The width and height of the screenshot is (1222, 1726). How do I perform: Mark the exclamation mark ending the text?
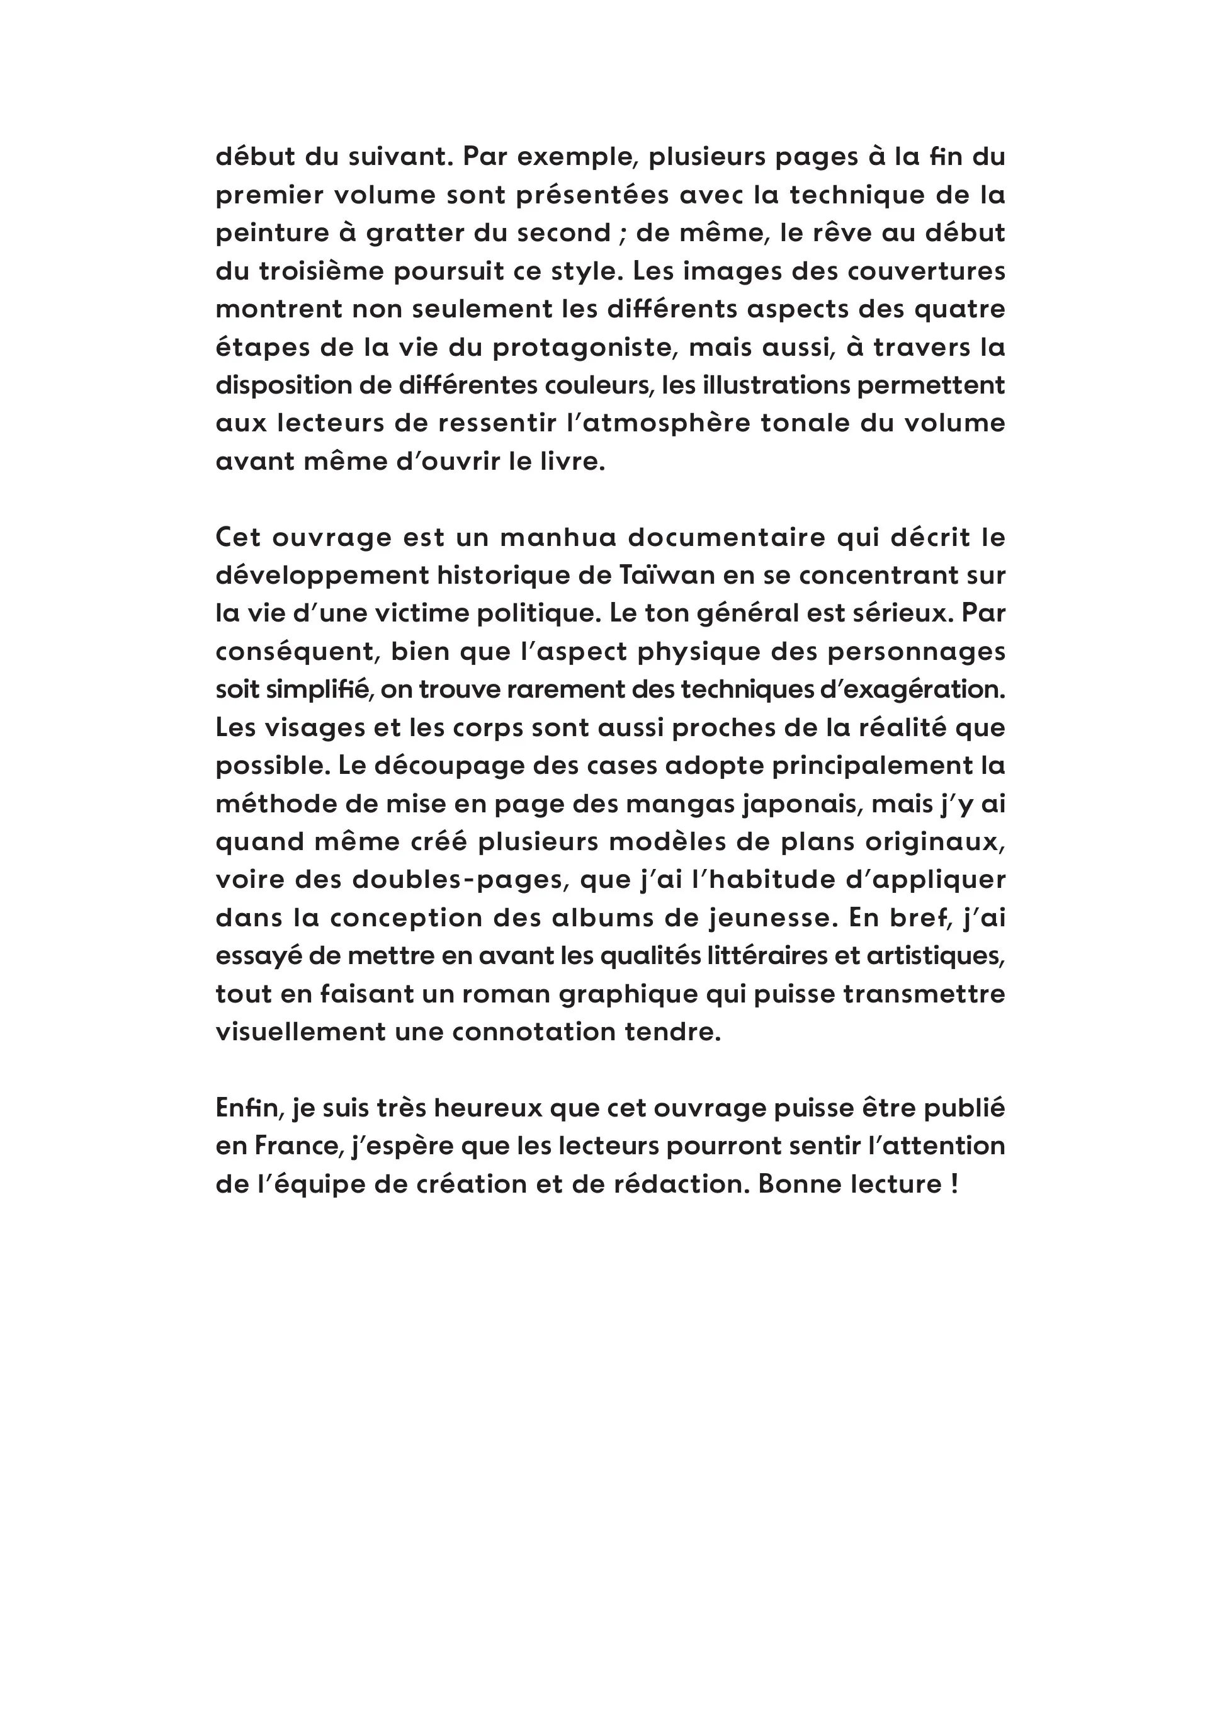[x=954, y=1184]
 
